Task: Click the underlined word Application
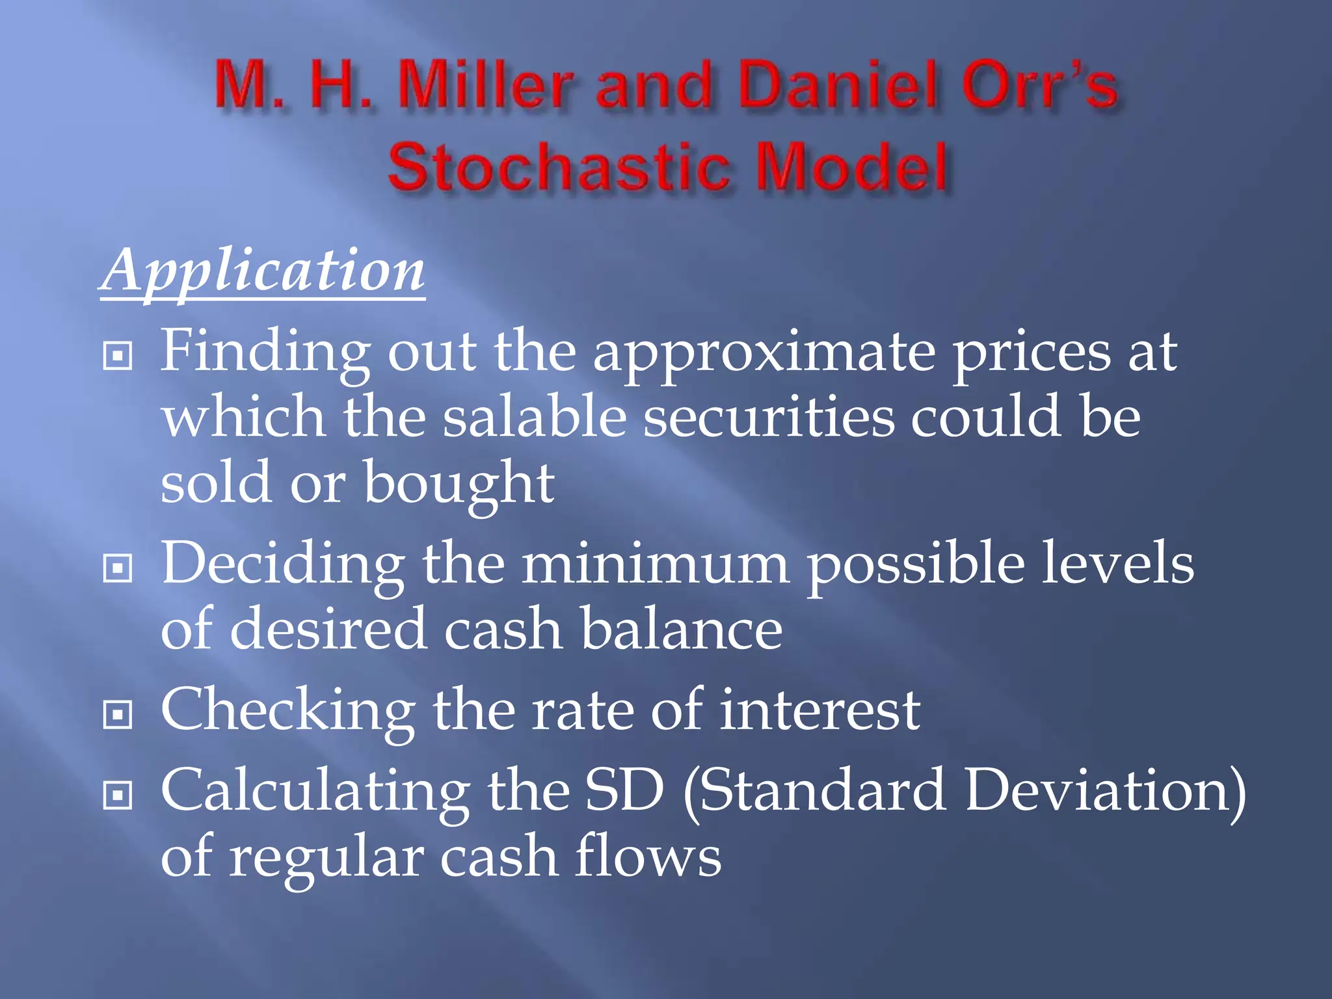click(x=263, y=272)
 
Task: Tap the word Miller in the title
click(x=485, y=85)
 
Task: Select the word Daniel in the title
click(x=840, y=85)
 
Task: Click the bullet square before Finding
click(x=118, y=356)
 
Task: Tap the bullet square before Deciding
click(x=118, y=568)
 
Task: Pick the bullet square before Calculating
click(x=118, y=795)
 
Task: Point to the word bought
click(x=459, y=485)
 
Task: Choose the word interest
click(x=819, y=710)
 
